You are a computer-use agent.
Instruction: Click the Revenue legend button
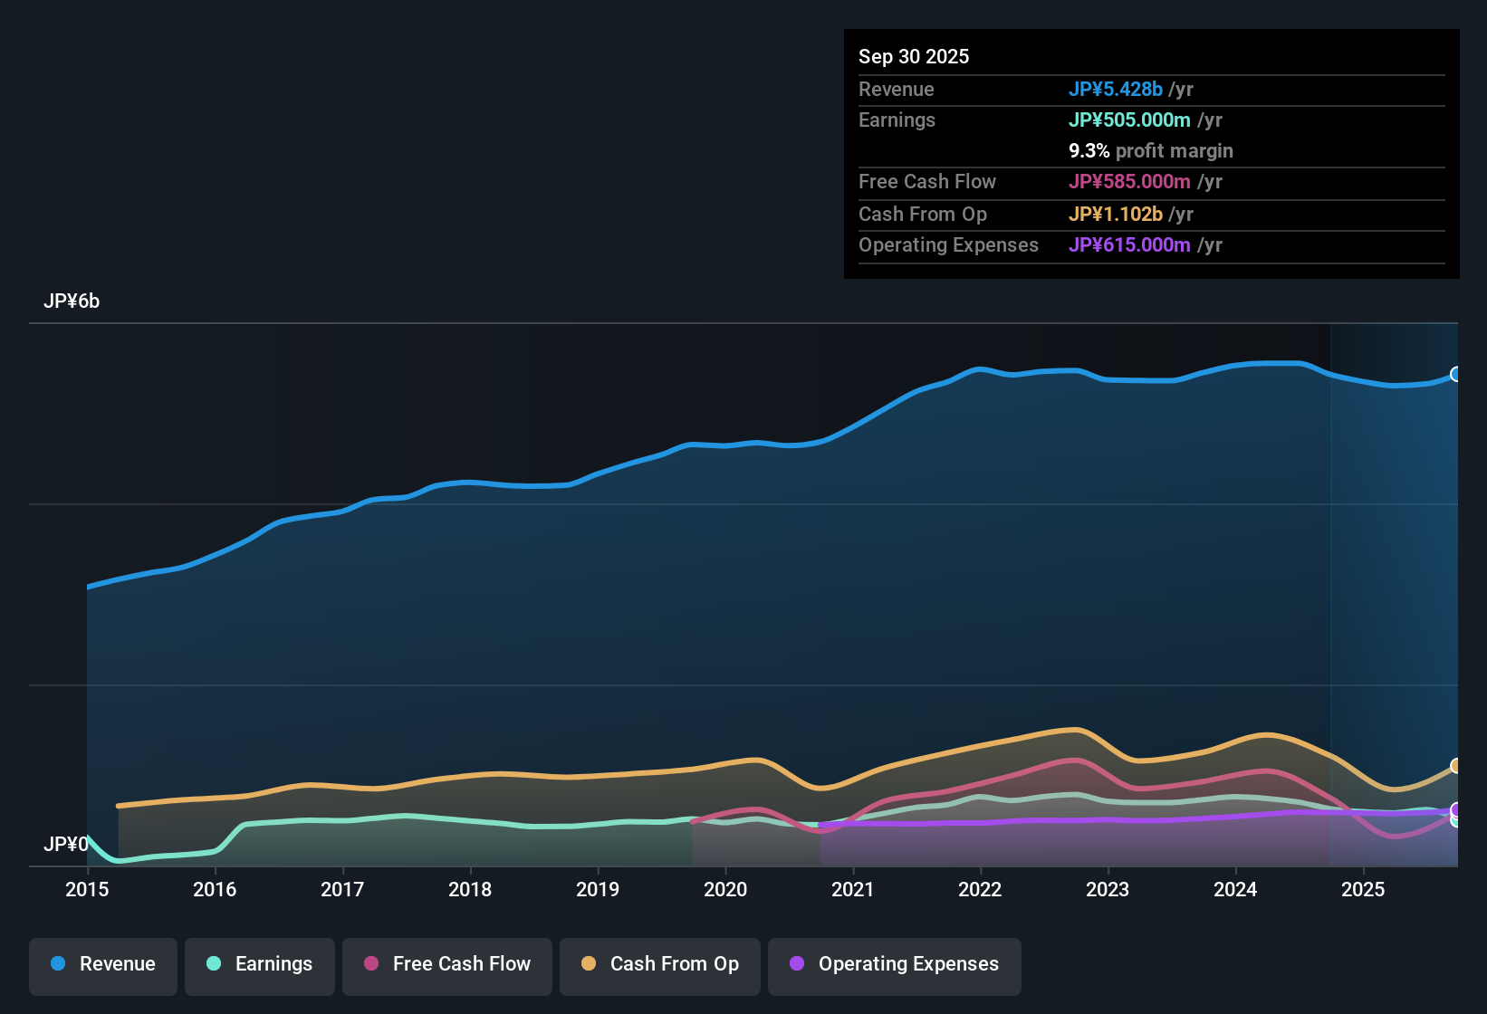click(103, 965)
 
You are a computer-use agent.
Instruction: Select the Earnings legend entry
click(260, 965)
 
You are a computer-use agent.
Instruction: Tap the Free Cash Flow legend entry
click(447, 965)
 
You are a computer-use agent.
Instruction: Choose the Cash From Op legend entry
click(660, 965)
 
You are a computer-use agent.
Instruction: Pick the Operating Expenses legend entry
click(895, 965)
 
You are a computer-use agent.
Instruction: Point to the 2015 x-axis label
click(87, 890)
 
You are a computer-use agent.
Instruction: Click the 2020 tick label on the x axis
click(725, 890)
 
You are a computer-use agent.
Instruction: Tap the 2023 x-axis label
click(1108, 890)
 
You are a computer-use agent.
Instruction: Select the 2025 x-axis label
click(1363, 890)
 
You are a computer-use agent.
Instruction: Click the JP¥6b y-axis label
click(72, 301)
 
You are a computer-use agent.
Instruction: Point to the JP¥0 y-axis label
click(66, 845)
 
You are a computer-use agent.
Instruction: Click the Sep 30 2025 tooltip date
click(914, 57)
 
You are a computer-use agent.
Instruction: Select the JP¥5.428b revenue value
click(1116, 90)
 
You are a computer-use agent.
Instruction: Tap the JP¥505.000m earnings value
click(1129, 120)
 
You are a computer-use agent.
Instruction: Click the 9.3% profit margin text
click(1150, 151)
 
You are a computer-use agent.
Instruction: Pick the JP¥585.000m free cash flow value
click(1129, 182)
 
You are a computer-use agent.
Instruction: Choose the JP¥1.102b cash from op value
click(1116, 215)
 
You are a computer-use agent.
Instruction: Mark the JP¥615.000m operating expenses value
click(1129, 245)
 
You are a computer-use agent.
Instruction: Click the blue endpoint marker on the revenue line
click(1456, 374)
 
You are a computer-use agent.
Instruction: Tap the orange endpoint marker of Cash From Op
click(1456, 766)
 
